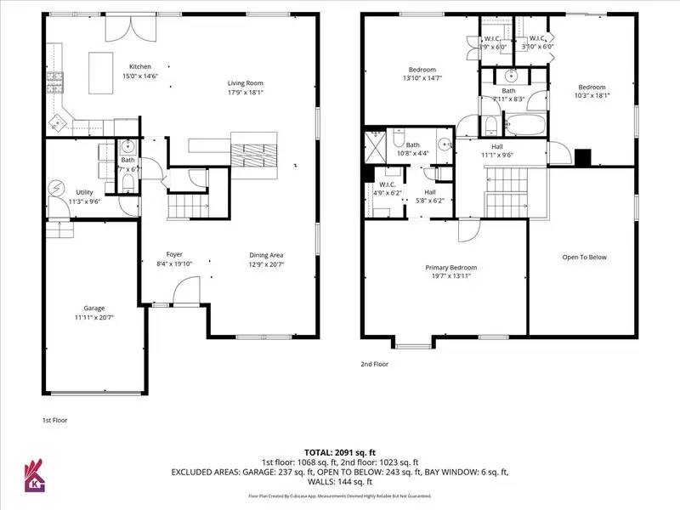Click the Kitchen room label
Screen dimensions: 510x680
(139, 66)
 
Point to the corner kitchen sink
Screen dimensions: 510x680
(57, 122)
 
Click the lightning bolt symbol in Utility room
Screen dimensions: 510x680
(57, 187)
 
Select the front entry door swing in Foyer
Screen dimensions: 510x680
(187, 293)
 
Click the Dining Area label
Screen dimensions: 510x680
(266, 255)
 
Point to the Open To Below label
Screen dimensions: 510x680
(585, 258)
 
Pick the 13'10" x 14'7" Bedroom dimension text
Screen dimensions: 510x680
(423, 78)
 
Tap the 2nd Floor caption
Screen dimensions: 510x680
(375, 364)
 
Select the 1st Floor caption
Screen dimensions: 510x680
(54, 420)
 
